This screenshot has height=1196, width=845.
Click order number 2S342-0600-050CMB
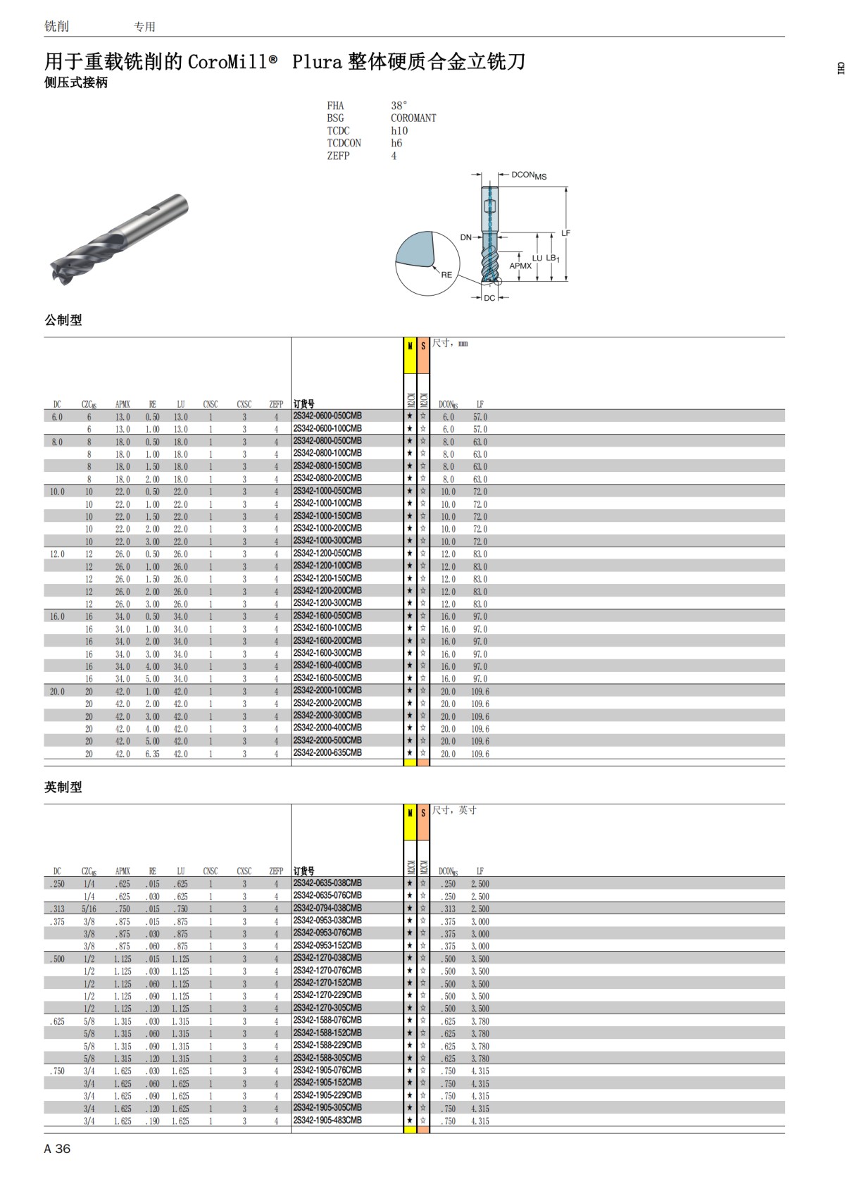[327, 416]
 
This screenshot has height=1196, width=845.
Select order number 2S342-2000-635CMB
[327, 753]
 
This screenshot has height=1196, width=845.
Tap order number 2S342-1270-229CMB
[327, 995]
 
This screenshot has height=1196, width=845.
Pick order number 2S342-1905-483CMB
[327, 1120]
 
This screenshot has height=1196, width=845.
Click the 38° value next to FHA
[399, 106]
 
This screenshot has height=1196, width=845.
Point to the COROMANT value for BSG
[413, 118]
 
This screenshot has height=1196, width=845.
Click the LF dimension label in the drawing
[565, 233]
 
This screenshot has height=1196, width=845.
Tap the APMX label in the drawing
[520, 266]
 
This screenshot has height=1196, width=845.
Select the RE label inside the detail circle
[446, 275]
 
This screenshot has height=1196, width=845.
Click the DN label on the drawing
[465, 237]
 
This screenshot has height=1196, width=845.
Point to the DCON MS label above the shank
[528, 175]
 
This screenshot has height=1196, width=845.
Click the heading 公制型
[63, 320]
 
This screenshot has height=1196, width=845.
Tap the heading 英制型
[63, 787]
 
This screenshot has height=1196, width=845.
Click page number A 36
[57, 1149]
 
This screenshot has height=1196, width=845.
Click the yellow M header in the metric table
[410, 347]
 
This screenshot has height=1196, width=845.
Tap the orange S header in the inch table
[423, 814]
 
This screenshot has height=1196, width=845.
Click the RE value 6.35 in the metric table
[152, 754]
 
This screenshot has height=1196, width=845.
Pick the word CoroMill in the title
[227, 62]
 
